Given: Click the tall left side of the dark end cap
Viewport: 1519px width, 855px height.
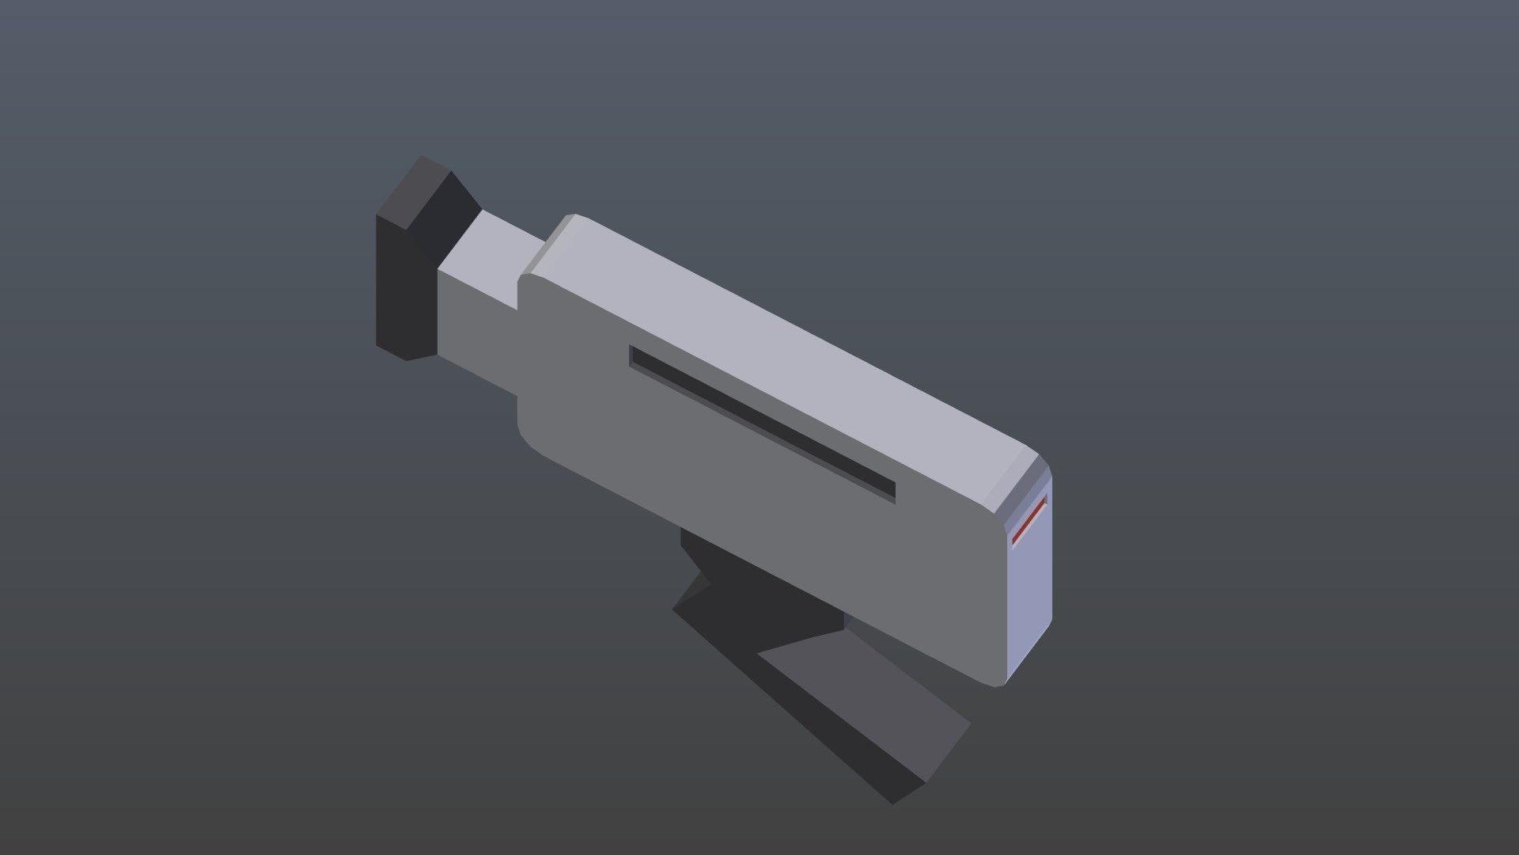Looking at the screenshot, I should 403,293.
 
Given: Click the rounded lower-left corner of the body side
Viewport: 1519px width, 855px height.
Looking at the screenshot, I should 528,440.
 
